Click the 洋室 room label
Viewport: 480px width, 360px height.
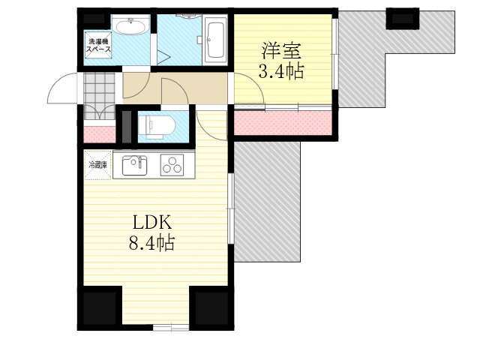pyautogui.click(x=281, y=51)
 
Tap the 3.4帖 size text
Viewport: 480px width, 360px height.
pyautogui.click(x=281, y=72)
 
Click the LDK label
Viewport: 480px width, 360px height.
pyautogui.click(x=152, y=223)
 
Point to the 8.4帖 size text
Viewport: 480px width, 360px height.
pyautogui.click(x=151, y=243)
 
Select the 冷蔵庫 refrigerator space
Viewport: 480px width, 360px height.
pyautogui.click(x=98, y=165)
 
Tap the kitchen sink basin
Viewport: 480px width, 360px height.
pyautogui.click(x=134, y=166)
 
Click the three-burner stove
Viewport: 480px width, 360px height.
pyautogui.click(x=172, y=165)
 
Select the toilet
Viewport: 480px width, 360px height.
pyautogui.click(x=157, y=125)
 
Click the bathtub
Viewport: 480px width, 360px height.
pyautogui.click(x=215, y=40)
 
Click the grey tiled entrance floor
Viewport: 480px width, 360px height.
pyautogui.click(x=99, y=95)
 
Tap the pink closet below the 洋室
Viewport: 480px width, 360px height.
pyautogui.click(x=283, y=123)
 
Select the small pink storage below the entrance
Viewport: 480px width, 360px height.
pyautogui.click(x=100, y=134)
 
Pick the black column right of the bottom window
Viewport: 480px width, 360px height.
pyautogui.click(x=211, y=308)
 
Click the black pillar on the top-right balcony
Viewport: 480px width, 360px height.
pyautogui.click(x=402, y=19)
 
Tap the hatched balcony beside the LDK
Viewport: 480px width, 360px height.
pyautogui.click(x=267, y=202)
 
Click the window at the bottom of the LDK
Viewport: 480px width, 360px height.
pyautogui.click(x=171, y=328)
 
